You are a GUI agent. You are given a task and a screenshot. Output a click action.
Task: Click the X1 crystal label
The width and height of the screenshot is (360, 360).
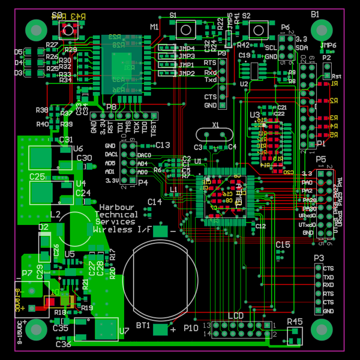tap(215, 125)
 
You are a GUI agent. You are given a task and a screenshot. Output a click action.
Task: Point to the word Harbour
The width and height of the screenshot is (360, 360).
tap(113, 206)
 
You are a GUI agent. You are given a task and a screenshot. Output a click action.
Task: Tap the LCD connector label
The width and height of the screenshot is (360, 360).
tap(235, 316)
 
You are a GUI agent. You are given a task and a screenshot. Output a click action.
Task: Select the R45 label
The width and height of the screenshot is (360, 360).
tap(295, 322)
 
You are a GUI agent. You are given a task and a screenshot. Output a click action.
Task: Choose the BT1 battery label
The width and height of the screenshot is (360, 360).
tap(143, 325)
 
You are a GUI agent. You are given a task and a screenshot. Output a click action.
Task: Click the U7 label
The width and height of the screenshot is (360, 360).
tap(124, 330)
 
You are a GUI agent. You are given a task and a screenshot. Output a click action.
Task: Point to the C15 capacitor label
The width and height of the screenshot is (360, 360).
tap(283, 244)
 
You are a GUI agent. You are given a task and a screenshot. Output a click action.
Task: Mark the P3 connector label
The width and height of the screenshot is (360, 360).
tap(319, 257)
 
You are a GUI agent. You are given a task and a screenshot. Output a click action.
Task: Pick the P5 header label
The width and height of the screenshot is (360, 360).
tap(321, 160)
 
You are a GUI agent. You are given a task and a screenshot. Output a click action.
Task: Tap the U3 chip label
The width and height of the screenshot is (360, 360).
tap(255, 114)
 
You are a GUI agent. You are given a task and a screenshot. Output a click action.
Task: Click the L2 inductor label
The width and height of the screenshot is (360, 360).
tap(55, 214)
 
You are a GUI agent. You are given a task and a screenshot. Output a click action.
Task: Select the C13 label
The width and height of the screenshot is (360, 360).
tap(163, 145)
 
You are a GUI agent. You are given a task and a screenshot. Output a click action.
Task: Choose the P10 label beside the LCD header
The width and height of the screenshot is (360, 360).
tap(191, 328)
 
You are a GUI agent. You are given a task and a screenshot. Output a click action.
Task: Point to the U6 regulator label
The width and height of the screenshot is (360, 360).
tap(77, 149)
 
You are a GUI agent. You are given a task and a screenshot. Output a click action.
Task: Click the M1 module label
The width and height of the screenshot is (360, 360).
tap(154, 27)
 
